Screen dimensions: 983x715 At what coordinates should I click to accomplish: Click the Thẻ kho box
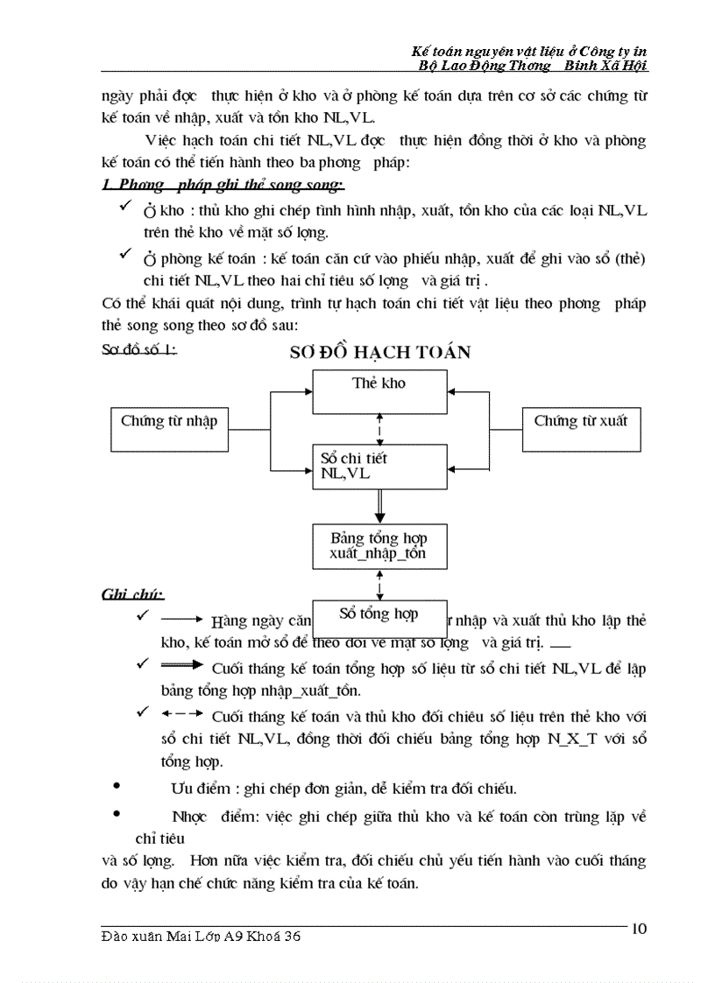click(379, 391)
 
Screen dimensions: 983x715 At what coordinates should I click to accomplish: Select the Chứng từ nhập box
click(169, 429)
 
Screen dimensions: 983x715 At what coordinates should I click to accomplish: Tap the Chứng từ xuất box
click(581, 429)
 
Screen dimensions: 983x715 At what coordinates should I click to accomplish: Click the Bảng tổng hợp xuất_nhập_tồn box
click(379, 546)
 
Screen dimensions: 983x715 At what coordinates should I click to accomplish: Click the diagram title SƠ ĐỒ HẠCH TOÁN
click(379, 352)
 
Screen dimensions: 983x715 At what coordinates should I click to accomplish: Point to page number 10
click(639, 929)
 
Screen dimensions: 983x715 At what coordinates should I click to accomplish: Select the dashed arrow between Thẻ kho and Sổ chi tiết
click(379, 429)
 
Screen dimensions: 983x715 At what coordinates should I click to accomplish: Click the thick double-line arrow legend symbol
click(182, 665)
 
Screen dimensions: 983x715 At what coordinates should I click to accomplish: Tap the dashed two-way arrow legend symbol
click(182, 713)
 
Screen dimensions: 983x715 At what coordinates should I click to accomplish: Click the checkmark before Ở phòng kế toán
click(126, 254)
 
